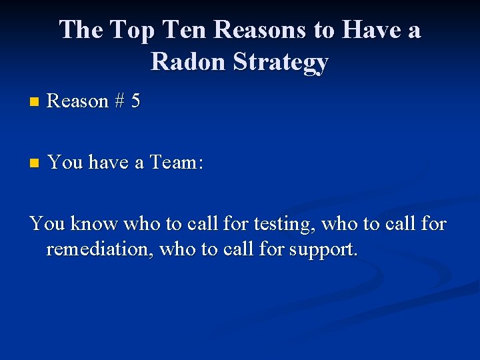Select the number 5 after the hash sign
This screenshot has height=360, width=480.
(135, 101)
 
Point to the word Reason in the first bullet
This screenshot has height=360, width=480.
(78, 101)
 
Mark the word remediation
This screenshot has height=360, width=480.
(97, 250)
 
